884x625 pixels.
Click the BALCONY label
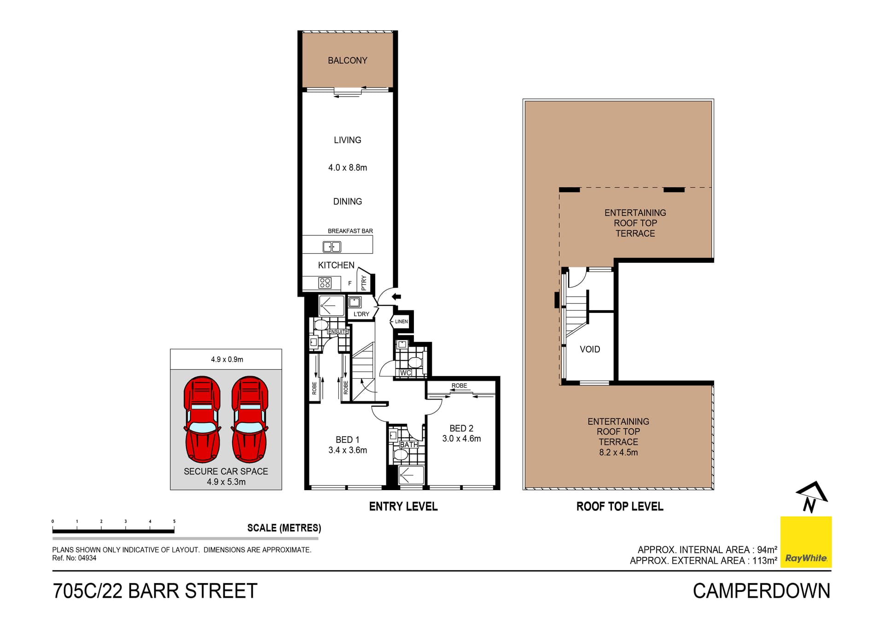tap(347, 60)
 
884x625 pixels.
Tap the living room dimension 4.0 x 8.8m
tap(347, 168)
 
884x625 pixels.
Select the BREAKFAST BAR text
tap(350, 231)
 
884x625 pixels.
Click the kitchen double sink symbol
tap(331, 247)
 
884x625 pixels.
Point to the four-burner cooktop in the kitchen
tap(325, 283)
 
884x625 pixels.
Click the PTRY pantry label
tap(364, 282)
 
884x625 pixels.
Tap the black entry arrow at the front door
tap(396, 297)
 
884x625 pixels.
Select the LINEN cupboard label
tap(401, 321)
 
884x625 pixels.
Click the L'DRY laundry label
tap(361, 314)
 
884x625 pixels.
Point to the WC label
tap(405, 373)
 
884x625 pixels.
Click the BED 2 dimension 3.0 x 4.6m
tap(461, 439)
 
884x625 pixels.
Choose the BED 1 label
tap(347, 440)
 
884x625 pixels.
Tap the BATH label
tap(408, 445)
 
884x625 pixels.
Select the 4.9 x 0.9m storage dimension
tap(227, 359)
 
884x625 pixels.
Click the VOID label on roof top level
tap(590, 349)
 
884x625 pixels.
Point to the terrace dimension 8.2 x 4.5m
tap(618, 452)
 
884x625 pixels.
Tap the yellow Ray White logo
tap(806, 542)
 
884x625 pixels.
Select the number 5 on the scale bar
tap(174, 521)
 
